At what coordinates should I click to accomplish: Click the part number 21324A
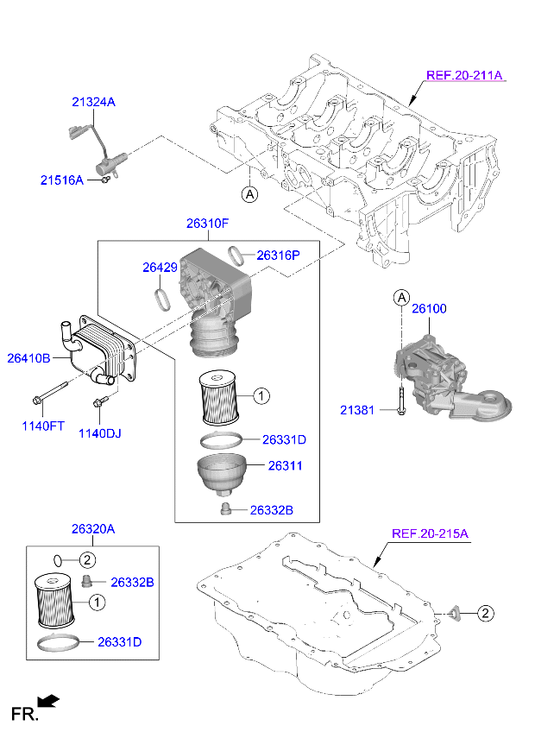pos(92,102)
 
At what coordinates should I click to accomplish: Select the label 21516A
pos(61,180)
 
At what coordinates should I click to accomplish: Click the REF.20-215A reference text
pos(430,533)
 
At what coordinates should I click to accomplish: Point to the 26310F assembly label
pos(207,223)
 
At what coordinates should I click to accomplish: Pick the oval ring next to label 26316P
pos(236,254)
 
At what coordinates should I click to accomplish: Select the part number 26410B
pos(28,357)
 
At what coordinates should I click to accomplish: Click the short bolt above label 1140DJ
pos(100,401)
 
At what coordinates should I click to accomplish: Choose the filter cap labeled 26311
pos(223,474)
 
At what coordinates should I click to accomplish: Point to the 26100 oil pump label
pos(428,308)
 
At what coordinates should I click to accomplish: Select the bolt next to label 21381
pos(401,403)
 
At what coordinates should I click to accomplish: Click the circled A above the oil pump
pos(401,298)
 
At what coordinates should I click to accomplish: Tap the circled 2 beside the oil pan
pos(485,614)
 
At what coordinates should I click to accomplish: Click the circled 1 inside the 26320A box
pos(97,603)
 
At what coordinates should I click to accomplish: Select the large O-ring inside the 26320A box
pos(62,643)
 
